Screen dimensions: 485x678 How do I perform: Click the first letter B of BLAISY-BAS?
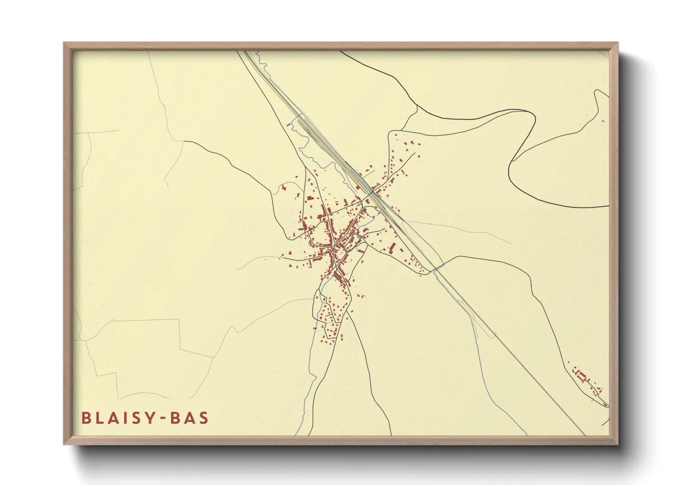[86, 418]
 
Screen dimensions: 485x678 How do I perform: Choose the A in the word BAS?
[190, 418]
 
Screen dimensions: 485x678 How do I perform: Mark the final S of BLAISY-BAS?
[204, 418]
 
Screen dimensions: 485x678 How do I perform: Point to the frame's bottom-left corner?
[65, 443]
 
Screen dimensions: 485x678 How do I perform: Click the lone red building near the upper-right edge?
[603, 121]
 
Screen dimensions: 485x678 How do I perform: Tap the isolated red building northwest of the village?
[284, 187]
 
